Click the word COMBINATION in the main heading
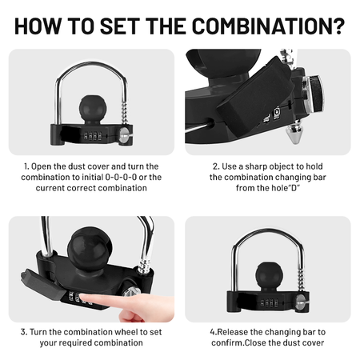[x=262, y=26]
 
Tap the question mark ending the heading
[x=339, y=26]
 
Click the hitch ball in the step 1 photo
[x=93, y=109]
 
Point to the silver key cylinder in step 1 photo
[x=124, y=135]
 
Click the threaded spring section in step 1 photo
[x=125, y=113]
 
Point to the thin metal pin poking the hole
[x=198, y=127]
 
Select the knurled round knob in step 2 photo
[x=314, y=94]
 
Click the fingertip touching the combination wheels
[x=84, y=298]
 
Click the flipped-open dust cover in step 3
[x=42, y=286]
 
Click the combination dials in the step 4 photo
[x=269, y=303]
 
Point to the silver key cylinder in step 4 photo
[x=301, y=302]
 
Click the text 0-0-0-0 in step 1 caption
[x=121, y=178]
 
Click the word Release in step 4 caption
[x=233, y=332]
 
